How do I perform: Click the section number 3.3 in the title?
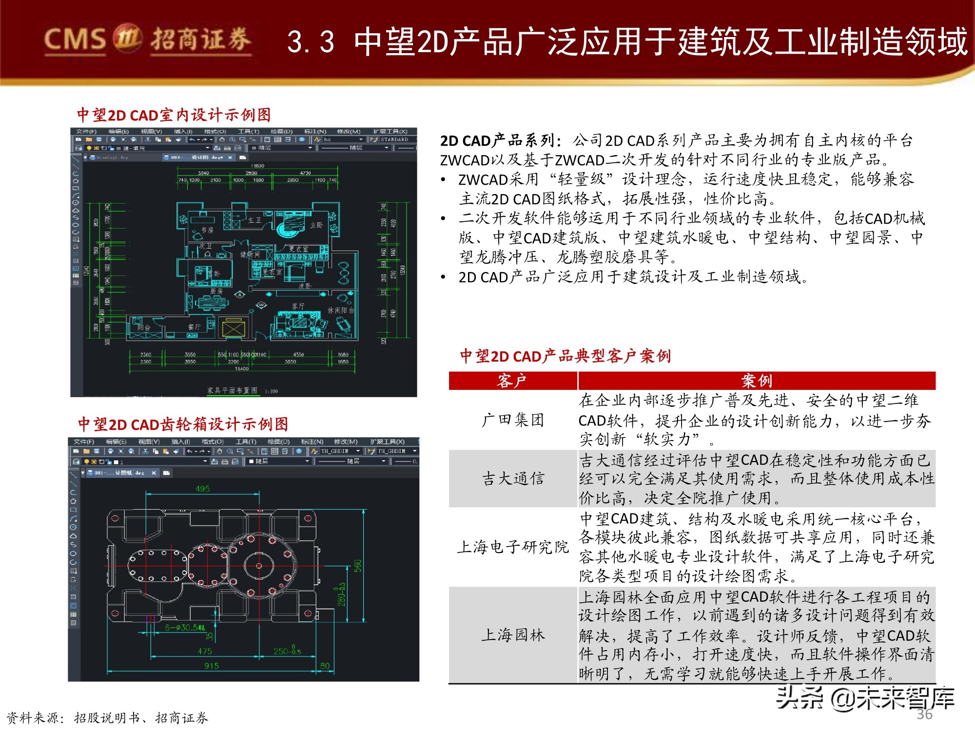tap(311, 42)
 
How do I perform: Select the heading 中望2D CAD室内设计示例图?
tap(174, 115)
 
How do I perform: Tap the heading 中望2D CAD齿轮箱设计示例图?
tap(183, 424)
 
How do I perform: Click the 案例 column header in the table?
tap(756, 381)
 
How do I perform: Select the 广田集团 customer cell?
tap(513, 420)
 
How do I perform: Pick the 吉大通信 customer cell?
tap(513, 479)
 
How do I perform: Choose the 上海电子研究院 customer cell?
tap(513, 547)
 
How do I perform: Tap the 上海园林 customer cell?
tap(513, 635)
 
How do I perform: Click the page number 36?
tap(924, 714)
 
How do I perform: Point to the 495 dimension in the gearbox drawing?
tap(202, 488)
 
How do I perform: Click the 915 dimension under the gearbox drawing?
tap(211, 666)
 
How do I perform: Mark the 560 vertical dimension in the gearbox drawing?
tap(358, 566)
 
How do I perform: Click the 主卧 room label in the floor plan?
tap(316, 225)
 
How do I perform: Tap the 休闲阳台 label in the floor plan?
tap(341, 310)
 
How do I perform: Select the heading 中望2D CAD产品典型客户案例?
tap(565, 356)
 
